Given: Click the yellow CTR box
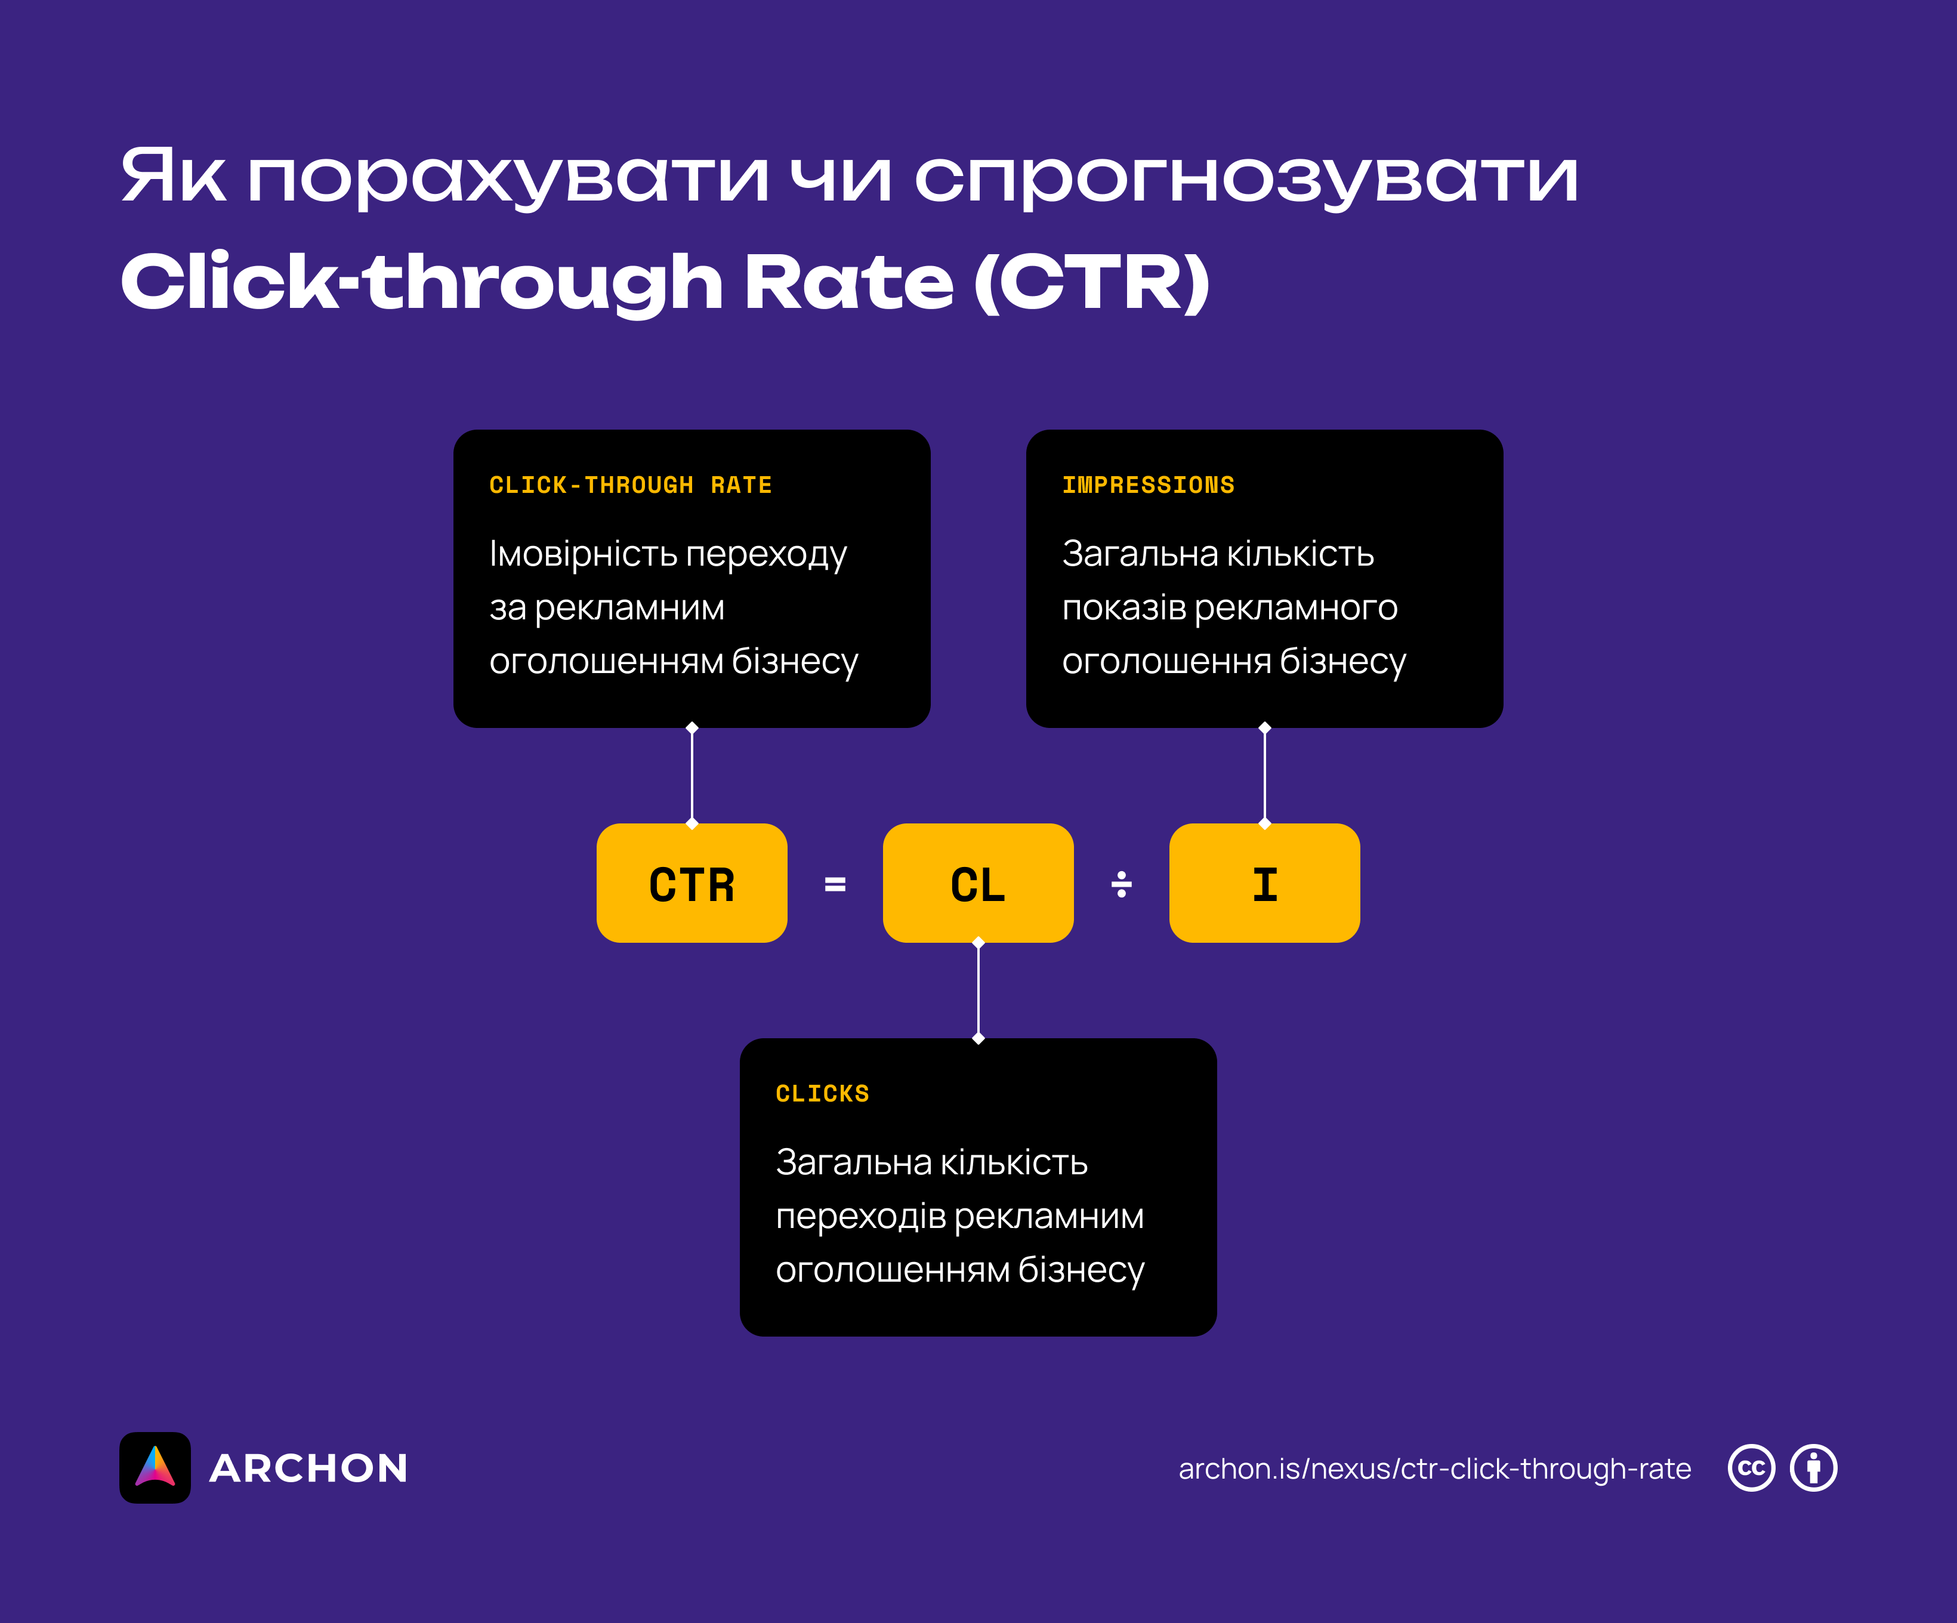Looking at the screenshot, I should tap(692, 883).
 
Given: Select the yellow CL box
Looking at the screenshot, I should tap(977, 883).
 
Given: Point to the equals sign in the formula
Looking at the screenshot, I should tap(835, 884).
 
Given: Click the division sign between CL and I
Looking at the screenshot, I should tap(1121, 884).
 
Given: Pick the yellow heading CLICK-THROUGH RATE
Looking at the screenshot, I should tap(630, 485).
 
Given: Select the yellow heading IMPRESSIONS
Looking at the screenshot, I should tap(1147, 485).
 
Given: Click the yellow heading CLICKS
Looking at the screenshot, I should tap(822, 1094).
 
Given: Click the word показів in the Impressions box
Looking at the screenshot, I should tap(1123, 608).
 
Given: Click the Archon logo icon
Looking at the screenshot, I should tap(155, 1467).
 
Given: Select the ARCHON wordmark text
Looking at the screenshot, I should tap(308, 1468).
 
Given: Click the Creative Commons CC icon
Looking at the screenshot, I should tap(1751, 1468).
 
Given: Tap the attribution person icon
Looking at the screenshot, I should tap(1813, 1468).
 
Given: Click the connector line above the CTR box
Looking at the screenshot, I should tap(692, 776).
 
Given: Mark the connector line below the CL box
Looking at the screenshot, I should tap(977, 990).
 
